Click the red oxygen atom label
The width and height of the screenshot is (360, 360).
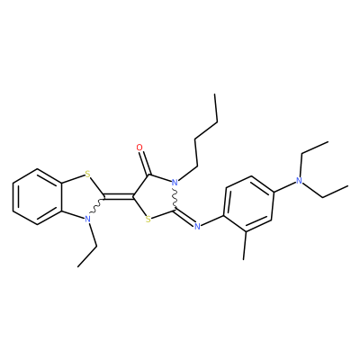(139, 148)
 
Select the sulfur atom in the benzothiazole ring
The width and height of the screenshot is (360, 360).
(87, 174)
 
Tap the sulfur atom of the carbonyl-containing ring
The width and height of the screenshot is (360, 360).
(148, 220)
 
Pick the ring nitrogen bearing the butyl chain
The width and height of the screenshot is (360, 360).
(175, 182)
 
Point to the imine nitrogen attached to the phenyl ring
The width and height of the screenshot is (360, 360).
(197, 226)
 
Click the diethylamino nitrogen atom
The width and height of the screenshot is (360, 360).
(299, 181)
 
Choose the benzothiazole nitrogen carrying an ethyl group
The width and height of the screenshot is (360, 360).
(87, 219)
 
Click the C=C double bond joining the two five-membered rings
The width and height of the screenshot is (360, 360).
(119, 197)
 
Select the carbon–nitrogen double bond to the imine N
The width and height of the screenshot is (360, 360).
(185, 217)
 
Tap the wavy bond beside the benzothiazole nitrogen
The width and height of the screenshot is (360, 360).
(96, 207)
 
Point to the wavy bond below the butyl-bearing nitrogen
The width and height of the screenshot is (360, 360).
(175, 198)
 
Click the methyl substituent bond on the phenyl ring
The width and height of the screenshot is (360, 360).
(245, 245)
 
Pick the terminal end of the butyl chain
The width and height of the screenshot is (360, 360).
(215, 94)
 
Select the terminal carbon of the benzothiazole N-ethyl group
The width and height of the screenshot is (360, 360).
(78, 266)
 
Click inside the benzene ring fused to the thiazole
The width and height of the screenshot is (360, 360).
(38, 196)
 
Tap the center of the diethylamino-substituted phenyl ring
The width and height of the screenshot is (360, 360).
(248, 203)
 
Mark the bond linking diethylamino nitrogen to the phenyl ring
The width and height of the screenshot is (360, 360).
(284, 185)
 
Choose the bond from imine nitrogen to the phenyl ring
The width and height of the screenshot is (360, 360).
(212, 220)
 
